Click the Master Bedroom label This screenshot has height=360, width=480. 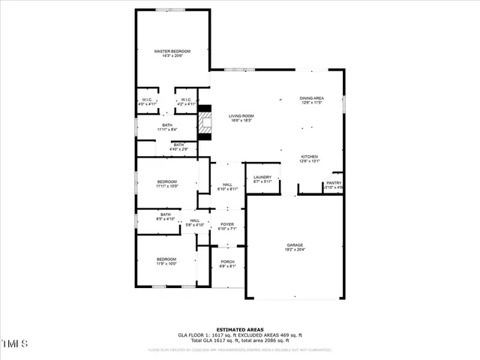coord(172,52)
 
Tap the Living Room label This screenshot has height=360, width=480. coord(241,116)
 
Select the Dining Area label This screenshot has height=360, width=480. coord(311,99)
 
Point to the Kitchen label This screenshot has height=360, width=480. coord(310,157)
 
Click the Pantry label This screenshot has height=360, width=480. coord(334,184)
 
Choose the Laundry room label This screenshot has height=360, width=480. coord(262,178)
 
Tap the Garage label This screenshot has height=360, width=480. coord(294,246)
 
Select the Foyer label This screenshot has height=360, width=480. coord(226,225)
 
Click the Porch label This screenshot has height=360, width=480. coord(227,262)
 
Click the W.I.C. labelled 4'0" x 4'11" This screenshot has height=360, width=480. coord(147,100)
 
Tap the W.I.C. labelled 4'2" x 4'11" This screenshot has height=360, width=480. coord(184,100)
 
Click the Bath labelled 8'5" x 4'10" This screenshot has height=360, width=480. coord(165,217)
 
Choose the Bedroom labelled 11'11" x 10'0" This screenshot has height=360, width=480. coord(166,183)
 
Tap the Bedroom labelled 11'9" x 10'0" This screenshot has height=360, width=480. coord(166,260)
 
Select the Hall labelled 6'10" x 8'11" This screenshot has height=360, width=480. coord(226,186)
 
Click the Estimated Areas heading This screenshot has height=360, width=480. coord(239,328)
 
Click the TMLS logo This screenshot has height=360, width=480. coord(14,343)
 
